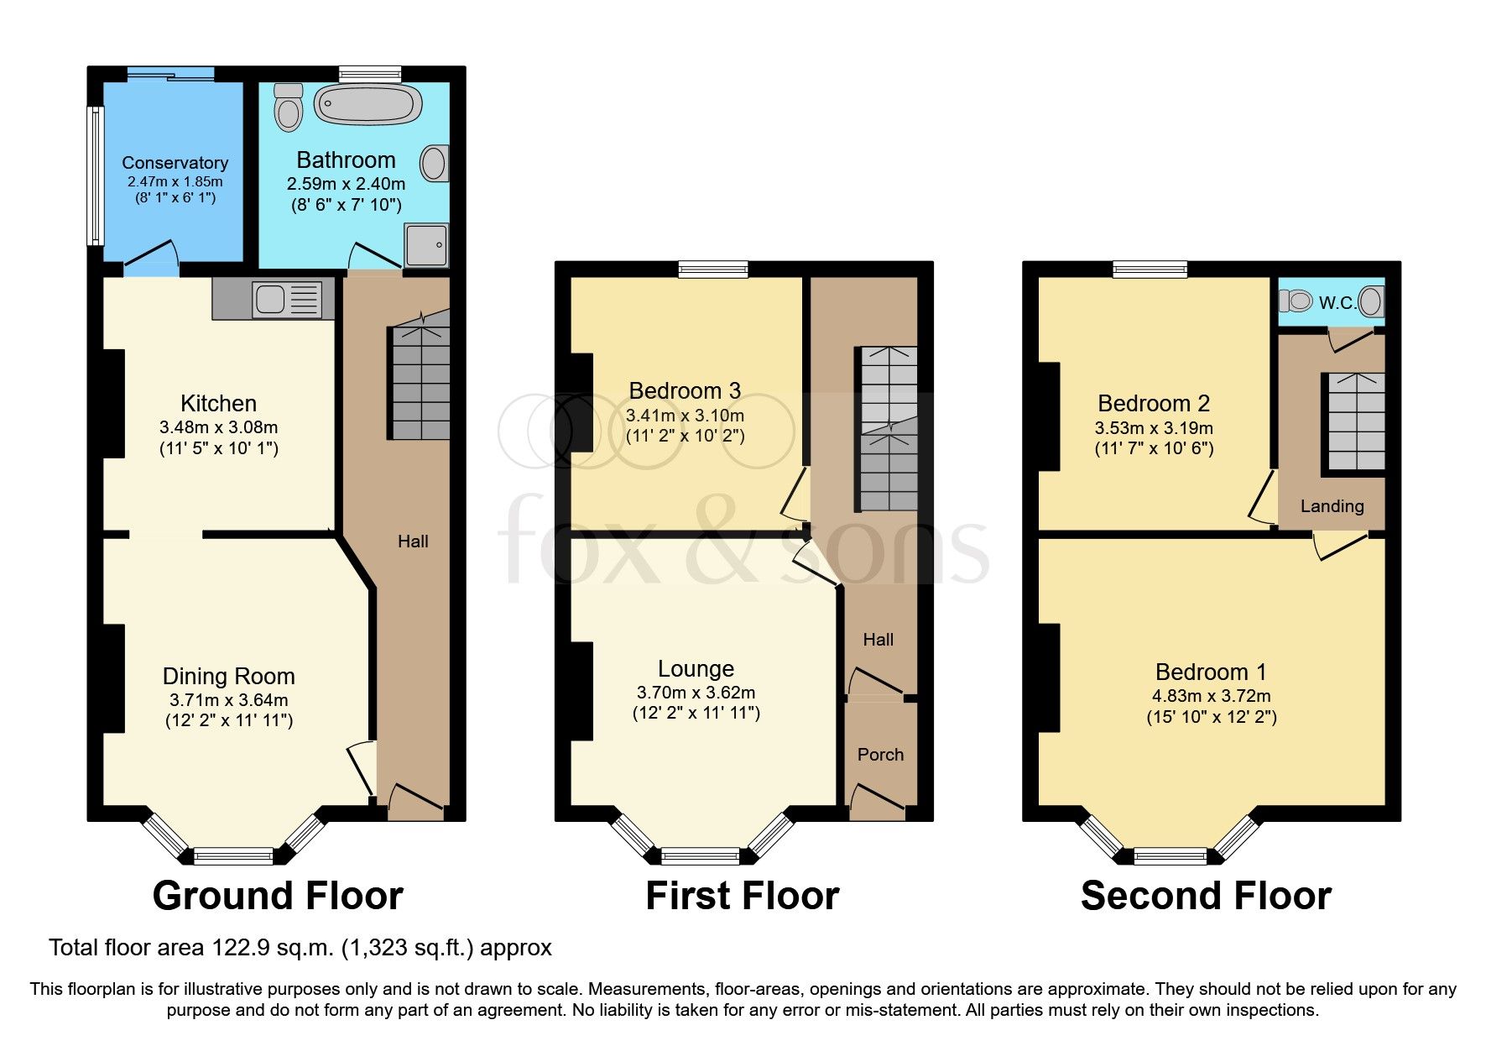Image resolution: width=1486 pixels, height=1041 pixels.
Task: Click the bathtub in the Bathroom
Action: tap(368, 105)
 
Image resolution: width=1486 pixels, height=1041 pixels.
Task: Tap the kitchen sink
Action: tap(287, 299)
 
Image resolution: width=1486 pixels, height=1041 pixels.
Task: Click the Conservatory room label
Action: tap(175, 163)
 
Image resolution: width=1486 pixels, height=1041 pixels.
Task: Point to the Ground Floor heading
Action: tap(278, 896)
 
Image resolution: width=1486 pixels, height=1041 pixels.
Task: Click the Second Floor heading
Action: tap(1206, 896)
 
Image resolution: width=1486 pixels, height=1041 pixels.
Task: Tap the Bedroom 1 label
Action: tap(1211, 672)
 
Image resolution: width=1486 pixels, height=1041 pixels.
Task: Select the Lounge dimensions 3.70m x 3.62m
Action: tap(696, 693)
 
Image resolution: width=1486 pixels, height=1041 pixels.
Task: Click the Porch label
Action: tap(880, 755)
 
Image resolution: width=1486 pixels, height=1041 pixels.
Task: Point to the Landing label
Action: tap(1332, 506)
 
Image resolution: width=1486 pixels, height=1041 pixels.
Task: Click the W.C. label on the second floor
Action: tap(1337, 303)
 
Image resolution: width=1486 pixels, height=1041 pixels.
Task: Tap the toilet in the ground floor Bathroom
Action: tap(288, 107)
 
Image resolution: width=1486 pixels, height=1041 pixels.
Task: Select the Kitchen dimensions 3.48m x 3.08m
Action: tap(218, 427)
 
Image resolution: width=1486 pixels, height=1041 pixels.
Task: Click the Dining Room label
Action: tap(228, 676)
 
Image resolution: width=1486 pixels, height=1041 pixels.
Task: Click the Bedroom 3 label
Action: tap(685, 390)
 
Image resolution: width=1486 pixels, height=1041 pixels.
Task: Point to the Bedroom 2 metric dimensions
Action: tap(1154, 428)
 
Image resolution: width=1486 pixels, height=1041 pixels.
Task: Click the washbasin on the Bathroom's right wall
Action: tap(434, 164)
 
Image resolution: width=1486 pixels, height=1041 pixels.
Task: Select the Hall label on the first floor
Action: tap(879, 640)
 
